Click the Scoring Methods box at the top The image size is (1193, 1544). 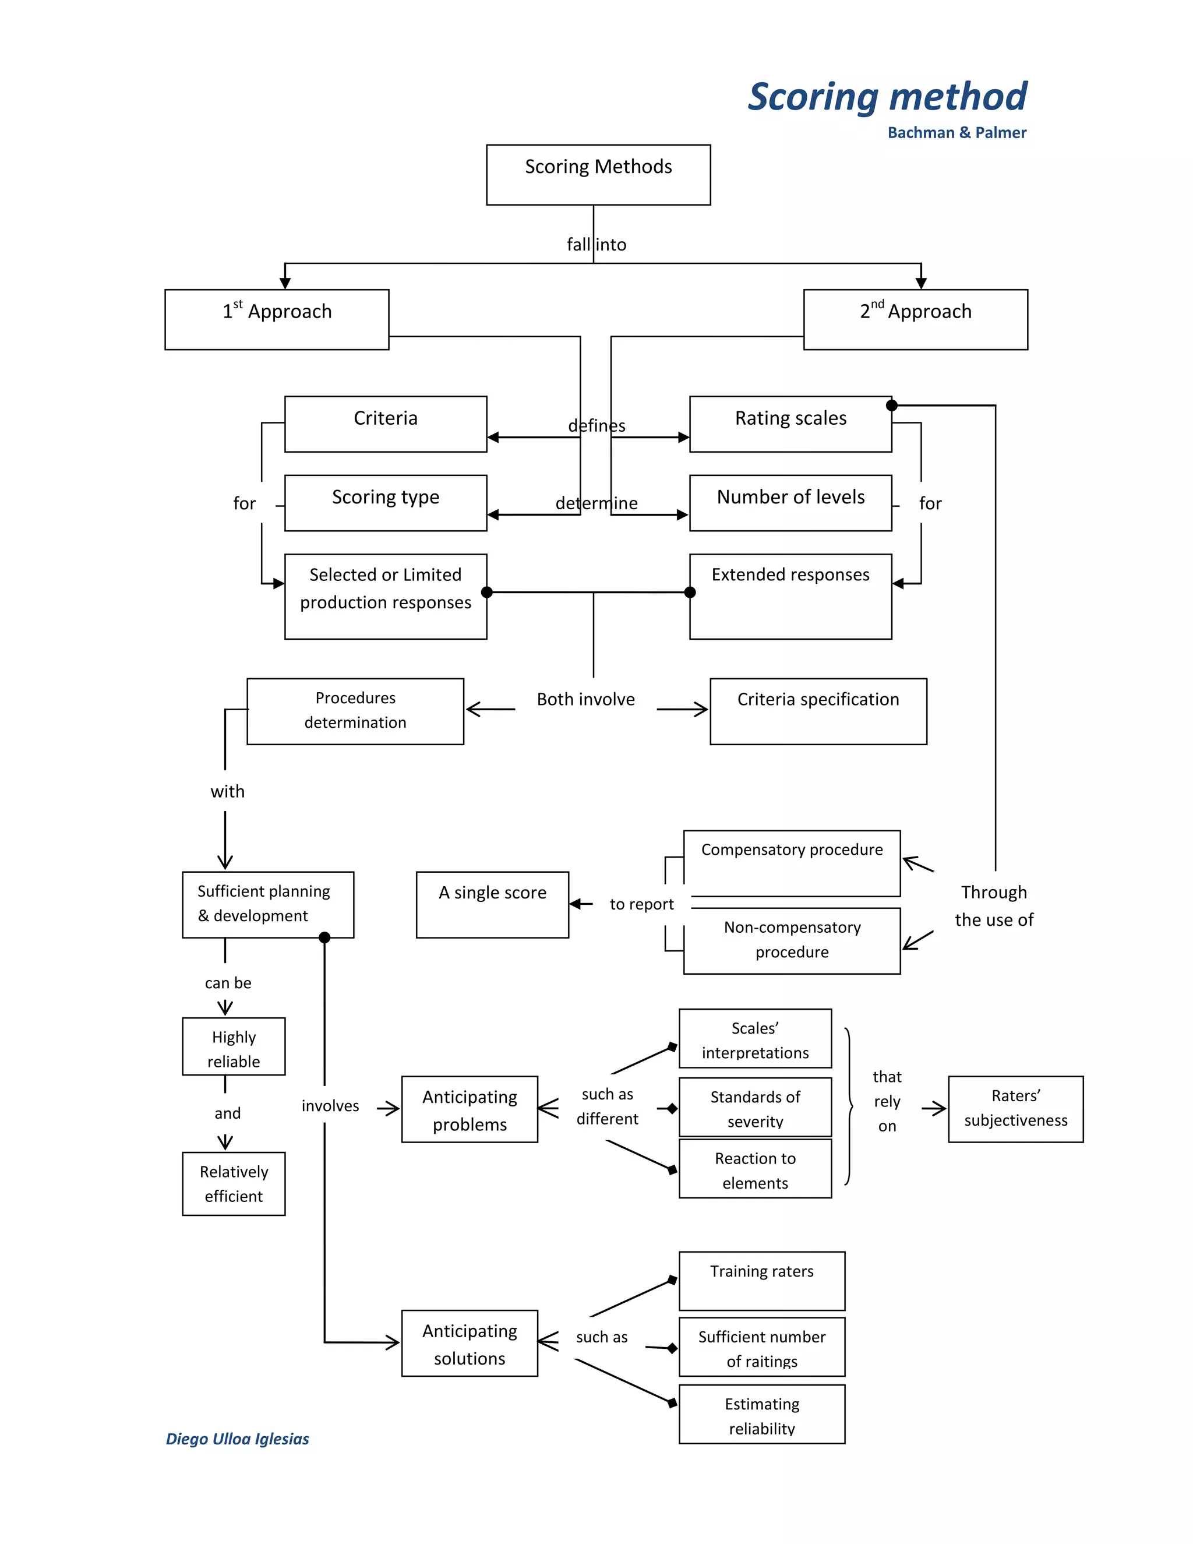click(x=598, y=175)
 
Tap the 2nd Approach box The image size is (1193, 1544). click(x=915, y=319)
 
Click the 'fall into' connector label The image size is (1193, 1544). click(x=596, y=245)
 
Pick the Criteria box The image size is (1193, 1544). click(x=385, y=424)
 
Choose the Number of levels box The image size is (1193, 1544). click(x=790, y=503)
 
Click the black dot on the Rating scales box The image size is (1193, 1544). click(x=891, y=405)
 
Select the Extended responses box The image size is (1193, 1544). click(x=790, y=596)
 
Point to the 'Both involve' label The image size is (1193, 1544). click(x=585, y=699)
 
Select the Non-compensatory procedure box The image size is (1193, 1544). click(x=792, y=940)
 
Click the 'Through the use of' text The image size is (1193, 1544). click(x=993, y=905)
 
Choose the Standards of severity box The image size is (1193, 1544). click(x=755, y=1107)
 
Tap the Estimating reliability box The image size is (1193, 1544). click(x=761, y=1415)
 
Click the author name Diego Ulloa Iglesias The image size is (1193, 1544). click(x=238, y=1439)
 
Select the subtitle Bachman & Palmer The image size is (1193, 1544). click(x=956, y=133)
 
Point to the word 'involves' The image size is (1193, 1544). click(x=330, y=1106)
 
